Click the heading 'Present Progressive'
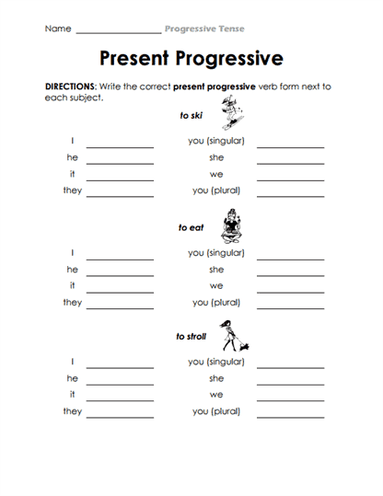[x=191, y=59]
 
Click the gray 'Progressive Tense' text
[x=204, y=29]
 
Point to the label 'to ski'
[x=191, y=116]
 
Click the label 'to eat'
[x=191, y=227]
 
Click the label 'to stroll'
[x=191, y=337]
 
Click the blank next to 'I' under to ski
[x=120, y=146]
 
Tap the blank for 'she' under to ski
[x=290, y=163]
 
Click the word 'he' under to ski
[x=72, y=158]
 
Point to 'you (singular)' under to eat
[x=216, y=253]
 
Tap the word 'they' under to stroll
[x=72, y=411]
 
